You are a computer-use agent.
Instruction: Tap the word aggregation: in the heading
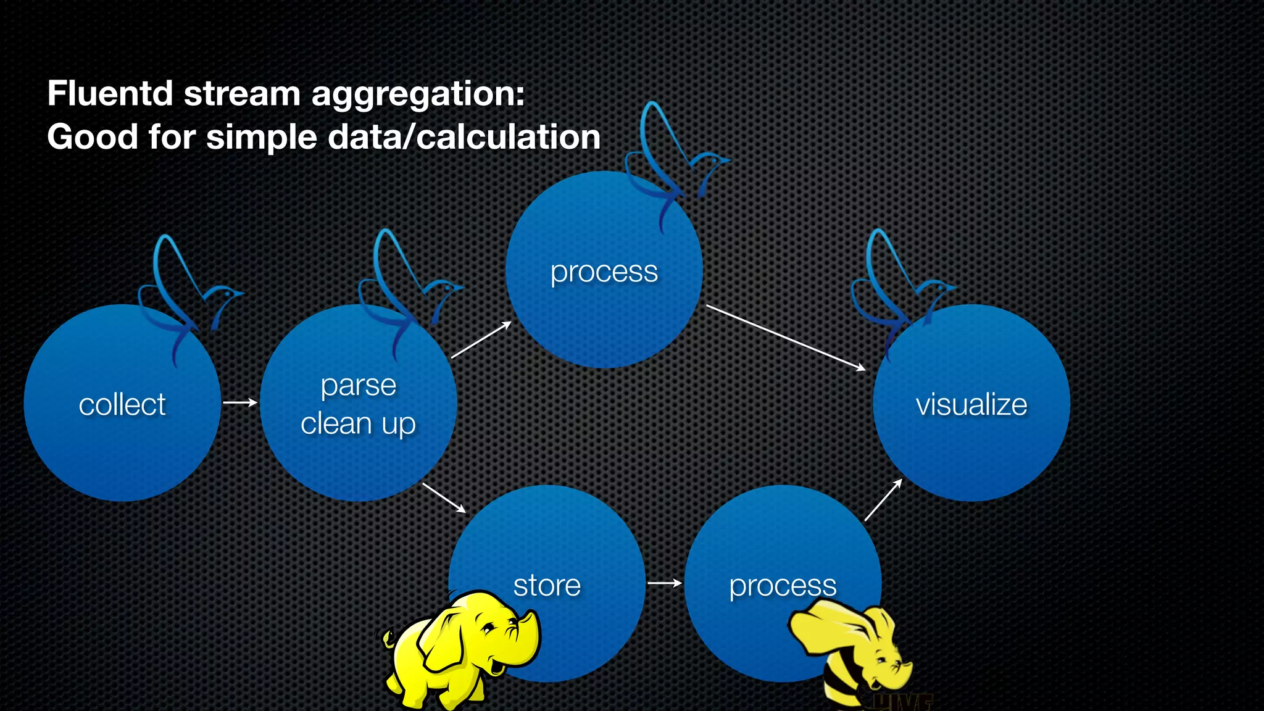coord(418,95)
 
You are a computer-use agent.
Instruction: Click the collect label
coord(122,405)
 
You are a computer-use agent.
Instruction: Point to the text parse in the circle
coord(358,386)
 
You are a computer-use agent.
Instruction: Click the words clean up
coord(358,424)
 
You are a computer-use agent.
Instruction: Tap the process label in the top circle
coord(604,272)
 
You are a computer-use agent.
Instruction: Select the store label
coord(547,585)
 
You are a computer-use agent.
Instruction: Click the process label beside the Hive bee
coord(783,586)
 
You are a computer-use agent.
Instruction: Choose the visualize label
coord(971,405)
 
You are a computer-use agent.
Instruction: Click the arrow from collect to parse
coord(240,402)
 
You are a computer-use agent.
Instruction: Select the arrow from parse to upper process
coord(481,340)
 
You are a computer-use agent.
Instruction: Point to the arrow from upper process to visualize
coord(785,338)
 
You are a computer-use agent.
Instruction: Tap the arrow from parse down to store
coord(444,497)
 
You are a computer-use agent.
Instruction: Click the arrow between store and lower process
coord(665,583)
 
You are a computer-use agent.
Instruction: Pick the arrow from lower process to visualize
coord(883,500)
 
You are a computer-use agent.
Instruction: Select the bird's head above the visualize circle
coord(941,288)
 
